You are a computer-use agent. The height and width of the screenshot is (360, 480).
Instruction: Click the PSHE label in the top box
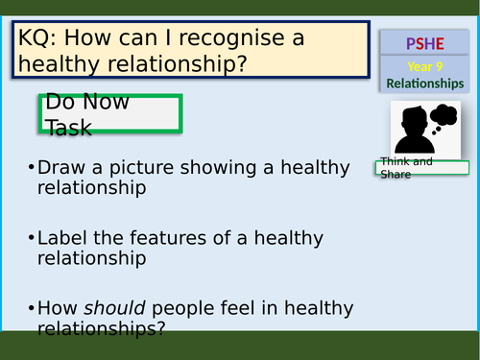coord(423,43)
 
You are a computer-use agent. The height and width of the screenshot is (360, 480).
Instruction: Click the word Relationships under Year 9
coord(424,84)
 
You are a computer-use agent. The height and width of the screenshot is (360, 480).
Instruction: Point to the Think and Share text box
coord(421,167)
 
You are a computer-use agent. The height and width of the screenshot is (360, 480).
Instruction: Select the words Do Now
coord(87,103)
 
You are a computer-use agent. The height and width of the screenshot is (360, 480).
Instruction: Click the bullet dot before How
coord(32,309)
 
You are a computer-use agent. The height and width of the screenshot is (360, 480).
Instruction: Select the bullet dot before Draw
coord(32,168)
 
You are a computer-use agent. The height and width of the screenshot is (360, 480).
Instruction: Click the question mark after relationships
coord(159,328)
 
